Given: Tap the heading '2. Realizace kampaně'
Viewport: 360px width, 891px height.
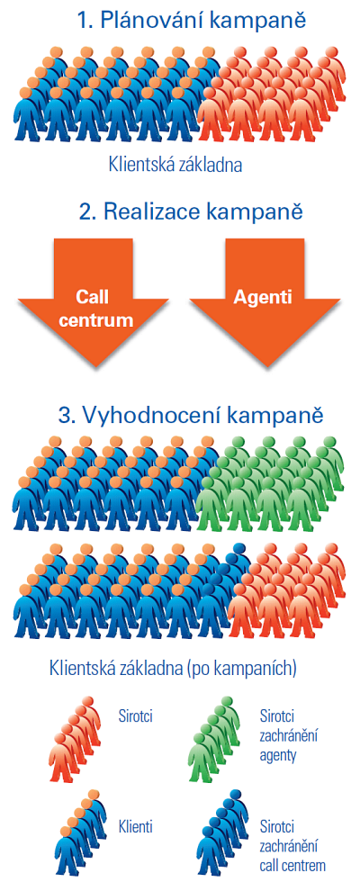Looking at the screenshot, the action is pyautogui.click(x=191, y=212).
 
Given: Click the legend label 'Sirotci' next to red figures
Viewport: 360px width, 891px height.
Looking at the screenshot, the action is pyautogui.click(x=136, y=715).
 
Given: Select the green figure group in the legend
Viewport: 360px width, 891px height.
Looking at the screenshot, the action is pyautogui.click(x=214, y=738).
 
